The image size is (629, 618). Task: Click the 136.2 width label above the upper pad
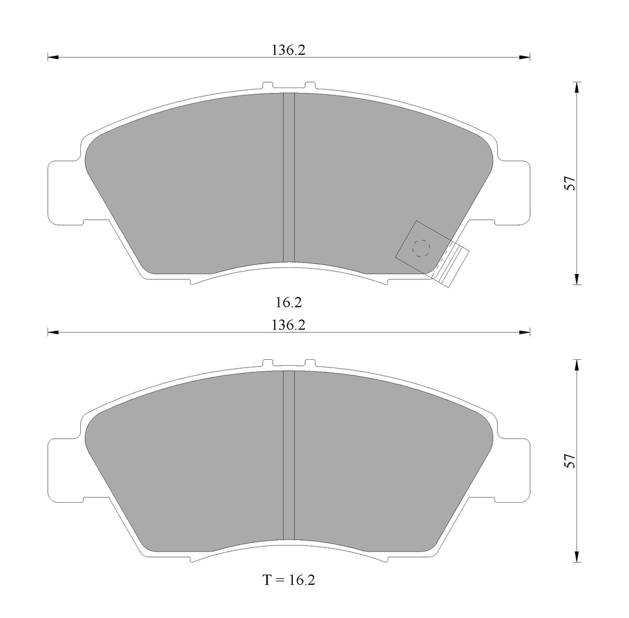pyautogui.click(x=289, y=50)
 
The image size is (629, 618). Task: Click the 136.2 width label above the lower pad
pyautogui.click(x=289, y=325)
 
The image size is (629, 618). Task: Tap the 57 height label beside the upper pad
pyautogui.click(x=570, y=183)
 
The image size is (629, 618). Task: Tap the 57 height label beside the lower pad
pyautogui.click(x=570, y=461)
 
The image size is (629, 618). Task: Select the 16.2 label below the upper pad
pyautogui.click(x=289, y=302)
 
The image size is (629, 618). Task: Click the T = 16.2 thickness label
pyautogui.click(x=289, y=580)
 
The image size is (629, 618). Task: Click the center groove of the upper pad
pyautogui.click(x=289, y=177)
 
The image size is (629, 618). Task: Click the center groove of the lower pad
pyautogui.click(x=289, y=455)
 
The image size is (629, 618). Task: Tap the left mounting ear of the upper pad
pyautogui.click(x=64, y=193)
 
